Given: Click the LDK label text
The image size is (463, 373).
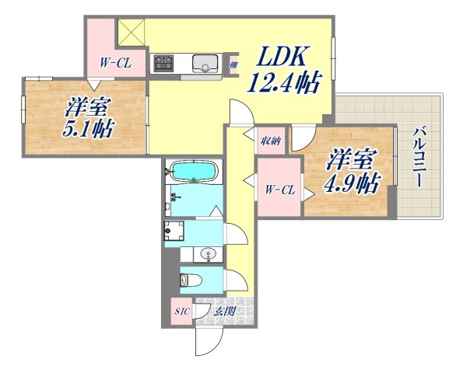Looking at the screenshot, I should pyautogui.click(x=281, y=57).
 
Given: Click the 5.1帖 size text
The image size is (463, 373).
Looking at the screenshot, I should pyautogui.click(x=86, y=127).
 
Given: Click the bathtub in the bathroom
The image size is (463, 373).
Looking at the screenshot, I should pyautogui.click(x=194, y=171).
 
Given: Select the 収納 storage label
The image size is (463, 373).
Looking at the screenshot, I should pyautogui.click(x=270, y=141).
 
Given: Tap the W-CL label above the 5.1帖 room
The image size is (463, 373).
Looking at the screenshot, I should pyautogui.click(x=114, y=64).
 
